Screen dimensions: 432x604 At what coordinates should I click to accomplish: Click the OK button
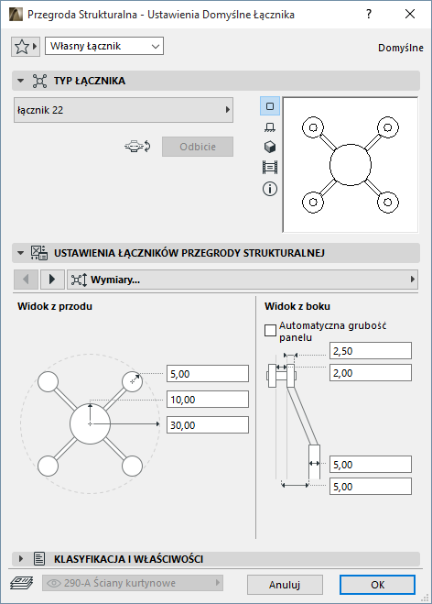pyautogui.click(x=377, y=585)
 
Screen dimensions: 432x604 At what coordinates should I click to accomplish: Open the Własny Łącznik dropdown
pyautogui.click(x=104, y=46)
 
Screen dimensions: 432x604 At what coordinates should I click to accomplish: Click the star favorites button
pyautogui.click(x=26, y=47)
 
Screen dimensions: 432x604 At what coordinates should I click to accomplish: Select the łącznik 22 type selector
pyautogui.click(x=124, y=110)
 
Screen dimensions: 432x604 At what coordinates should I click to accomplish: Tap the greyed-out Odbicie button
pyautogui.click(x=198, y=147)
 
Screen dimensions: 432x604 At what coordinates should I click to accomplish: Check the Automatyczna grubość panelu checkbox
pyautogui.click(x=270, y=331)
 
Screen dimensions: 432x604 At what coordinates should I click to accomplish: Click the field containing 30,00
pyautogui.click(x=208, y=425)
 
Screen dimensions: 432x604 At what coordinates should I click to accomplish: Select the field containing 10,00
pyautogui.click(x=208, y=400)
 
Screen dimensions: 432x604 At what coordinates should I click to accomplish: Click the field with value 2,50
pyautogui.click(x=371, y=351)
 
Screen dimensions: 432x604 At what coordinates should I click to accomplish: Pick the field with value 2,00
pyautogui.click(x=371, y=373)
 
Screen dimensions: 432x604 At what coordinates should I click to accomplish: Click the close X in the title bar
pyautogui.click(x=410, y=15)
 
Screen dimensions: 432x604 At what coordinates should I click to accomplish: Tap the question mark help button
pyautogui.click(x=369, y=15)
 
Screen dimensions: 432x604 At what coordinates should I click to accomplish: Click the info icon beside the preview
pyautogui.click(x=270, y=189)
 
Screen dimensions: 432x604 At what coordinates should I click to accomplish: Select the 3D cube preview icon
pyautogui.click(x=270, y=147)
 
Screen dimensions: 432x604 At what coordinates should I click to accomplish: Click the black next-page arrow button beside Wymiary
pyautogui.click(x=52, y=279)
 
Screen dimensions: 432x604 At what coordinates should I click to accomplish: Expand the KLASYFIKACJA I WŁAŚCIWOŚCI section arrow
pyautogui.click(x=21, y=558)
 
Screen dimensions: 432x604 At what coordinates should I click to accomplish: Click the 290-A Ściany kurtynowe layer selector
pyautogui.click(x=133, y=583)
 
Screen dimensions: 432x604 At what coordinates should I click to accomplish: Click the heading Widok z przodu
pyautogui.click(x=55, y=306)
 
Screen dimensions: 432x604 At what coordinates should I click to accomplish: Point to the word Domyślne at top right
pyautogui.click(x=401, y=48)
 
